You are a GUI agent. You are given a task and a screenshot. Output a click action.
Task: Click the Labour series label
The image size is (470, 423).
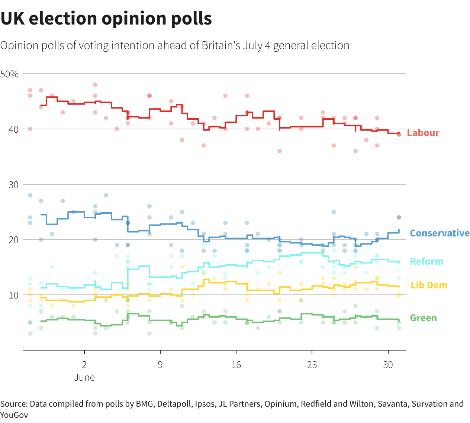tap(423, 133)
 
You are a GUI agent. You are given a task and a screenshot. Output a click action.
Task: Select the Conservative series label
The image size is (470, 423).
tap(439, 233)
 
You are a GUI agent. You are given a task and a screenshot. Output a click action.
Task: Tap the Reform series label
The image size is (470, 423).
tap(426, 261)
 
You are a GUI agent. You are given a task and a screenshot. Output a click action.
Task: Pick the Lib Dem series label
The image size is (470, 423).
tap(429, 285)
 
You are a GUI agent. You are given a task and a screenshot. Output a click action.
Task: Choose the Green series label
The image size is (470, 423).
tap(423, 318)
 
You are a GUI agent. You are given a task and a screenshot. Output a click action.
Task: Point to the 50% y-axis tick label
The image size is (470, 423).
tap(10, 74)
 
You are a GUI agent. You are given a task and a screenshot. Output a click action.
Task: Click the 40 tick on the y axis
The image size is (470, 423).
tap(13, 129)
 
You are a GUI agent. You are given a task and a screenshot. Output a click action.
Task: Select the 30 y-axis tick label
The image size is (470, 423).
tap(13, 185)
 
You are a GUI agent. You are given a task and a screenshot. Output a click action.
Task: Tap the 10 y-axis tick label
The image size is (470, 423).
tap(13, 295)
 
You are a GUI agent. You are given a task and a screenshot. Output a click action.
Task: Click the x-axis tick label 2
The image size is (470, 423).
tap(84, 365)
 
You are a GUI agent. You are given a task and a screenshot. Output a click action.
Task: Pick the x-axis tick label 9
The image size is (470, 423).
tap(160, 365)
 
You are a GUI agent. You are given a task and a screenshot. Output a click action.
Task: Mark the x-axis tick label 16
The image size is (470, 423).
tap(236, 365)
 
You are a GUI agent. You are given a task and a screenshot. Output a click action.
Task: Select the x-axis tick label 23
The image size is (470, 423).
tap(312, 365)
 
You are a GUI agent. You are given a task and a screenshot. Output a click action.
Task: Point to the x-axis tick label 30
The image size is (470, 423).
tap(388, 365)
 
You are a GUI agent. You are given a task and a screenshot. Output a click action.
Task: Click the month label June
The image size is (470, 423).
tap(84, 377)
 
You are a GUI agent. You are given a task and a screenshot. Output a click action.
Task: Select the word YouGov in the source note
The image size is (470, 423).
tap(14, 414)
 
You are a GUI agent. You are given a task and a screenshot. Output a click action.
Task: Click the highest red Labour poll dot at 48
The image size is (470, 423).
tap(95, 85)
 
